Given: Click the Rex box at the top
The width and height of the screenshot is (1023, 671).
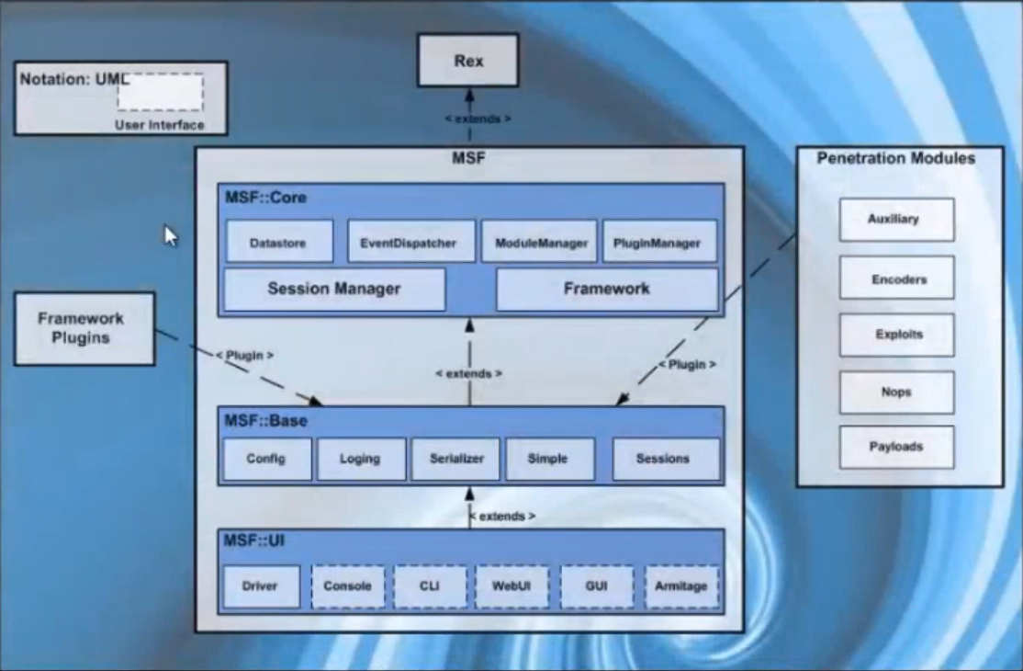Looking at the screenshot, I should coord(467,62).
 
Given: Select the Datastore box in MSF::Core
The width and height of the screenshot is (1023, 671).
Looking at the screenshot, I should coord(277,244).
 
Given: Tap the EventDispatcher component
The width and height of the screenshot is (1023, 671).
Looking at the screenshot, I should coord(411,243).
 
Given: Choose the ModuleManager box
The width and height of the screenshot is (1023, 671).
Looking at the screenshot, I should coord(539,243).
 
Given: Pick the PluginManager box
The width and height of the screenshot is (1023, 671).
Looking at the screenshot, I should coord(659,243).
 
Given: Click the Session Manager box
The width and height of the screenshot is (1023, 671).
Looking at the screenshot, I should coord(334,290).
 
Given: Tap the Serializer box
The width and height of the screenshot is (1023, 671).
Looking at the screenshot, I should coord(455,459).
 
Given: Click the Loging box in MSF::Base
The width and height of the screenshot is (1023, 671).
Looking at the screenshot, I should coord(361,459).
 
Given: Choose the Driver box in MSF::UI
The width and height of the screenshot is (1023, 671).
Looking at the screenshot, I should coord(261,586).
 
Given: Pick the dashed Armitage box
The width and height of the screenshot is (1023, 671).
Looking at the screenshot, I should coord(681,586).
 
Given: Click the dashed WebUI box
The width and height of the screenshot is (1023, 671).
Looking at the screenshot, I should coord(511,586).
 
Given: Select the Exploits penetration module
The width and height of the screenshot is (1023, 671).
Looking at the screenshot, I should coord(897,335).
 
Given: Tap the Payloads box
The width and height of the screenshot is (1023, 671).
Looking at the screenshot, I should coord(897,447).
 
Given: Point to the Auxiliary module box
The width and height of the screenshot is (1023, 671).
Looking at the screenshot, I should coord(897,220).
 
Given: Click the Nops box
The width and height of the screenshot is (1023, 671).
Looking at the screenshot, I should coord(897,392).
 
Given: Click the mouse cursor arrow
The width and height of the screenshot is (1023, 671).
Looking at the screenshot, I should coord(170,235).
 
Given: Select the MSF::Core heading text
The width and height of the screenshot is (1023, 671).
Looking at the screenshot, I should coord(265,198).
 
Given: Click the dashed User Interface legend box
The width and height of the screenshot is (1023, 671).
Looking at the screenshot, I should coord(160,93).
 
